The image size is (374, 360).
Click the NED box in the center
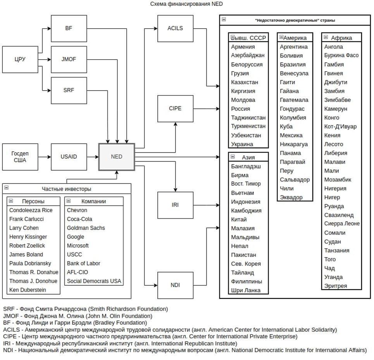pos(117,157)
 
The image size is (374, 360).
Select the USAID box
pos(69,157)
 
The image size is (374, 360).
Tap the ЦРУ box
pos(20,59)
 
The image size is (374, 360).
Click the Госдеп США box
pos(20,157)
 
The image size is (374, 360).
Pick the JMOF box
pos(69,59)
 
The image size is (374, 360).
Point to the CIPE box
pos(175,108)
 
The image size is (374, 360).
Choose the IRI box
pos(175,205)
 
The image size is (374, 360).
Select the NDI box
pos(175,285)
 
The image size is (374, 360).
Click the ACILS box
pos(175,28)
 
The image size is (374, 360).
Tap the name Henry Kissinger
pos(28,237)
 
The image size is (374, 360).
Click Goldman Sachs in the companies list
pos(86,228)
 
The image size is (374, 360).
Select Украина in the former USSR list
pos(242,144)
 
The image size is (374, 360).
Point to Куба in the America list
pos(286,127)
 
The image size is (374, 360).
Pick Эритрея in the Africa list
pos(336,286)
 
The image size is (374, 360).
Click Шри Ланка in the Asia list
pos(246,290)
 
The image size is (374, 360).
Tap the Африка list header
pos(341,38)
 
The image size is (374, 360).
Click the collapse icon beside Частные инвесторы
pos(6,188)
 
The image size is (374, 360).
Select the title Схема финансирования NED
pos(186,4)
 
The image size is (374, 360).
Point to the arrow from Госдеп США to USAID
pos(45,157)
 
